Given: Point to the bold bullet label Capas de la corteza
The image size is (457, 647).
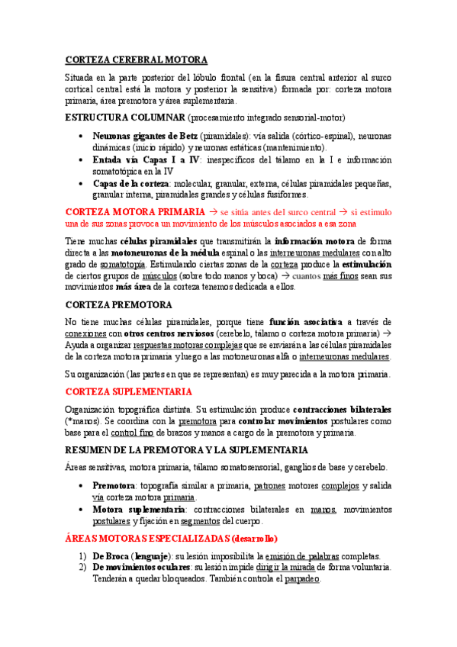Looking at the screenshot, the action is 131,184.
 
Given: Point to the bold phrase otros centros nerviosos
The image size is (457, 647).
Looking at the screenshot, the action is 167,333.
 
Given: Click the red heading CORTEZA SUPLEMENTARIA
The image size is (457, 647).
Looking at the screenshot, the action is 129,391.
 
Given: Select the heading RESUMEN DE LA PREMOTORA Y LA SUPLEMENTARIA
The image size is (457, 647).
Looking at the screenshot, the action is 186,449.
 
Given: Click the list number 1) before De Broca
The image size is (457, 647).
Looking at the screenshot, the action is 83,556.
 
